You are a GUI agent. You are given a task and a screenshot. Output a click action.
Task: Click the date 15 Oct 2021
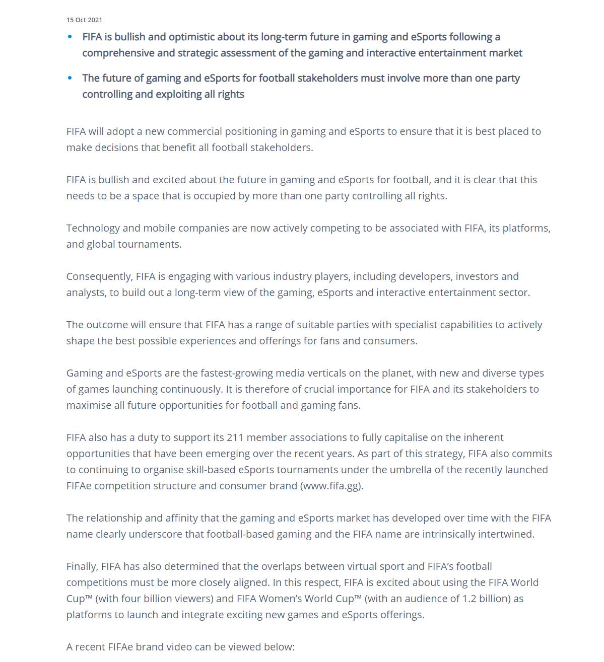(84, 20)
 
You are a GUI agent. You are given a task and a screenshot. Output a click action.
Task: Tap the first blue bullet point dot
(70, 37)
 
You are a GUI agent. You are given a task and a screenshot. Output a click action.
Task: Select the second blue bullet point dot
(70, 78)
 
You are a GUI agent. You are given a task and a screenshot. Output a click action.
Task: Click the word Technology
(93, 228)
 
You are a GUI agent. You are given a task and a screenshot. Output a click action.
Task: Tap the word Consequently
(99, 276)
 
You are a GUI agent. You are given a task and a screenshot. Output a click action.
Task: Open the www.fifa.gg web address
(331, 486)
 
